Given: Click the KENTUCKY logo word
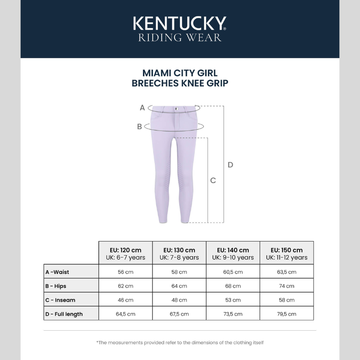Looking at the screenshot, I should click(x=180, y=23).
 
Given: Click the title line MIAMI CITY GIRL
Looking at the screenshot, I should click(x=180, y=73).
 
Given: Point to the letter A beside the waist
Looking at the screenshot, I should click(x=142, y=108).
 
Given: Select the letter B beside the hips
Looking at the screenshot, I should click(x=139, y=127).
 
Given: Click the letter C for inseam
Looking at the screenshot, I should click(x=213, y=180).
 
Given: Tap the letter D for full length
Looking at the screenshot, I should click(x=230, y=165).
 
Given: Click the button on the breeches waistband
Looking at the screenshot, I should click(x=176, y=109).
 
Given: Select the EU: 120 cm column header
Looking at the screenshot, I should click(x=126, y=253).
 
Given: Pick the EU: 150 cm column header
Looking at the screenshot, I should click(x=287, y=253).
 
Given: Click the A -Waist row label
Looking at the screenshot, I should click(x=58, y=272).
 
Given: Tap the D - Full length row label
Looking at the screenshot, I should click(x=64, y=314).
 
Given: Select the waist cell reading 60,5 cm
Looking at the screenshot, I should click(x=233, y=272).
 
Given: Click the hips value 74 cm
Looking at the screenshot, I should click(x=287, y=286).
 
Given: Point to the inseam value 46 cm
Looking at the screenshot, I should click(x=126, y=300).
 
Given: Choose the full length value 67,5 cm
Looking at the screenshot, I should click(x=179, y=314).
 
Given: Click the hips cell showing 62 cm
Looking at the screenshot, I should click(x=126, y=286).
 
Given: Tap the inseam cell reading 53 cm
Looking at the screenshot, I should click(x=233, y=300).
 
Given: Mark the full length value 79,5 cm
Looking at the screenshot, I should click(x=287, y=314).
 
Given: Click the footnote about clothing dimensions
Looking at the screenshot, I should click(x=180, y=342).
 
